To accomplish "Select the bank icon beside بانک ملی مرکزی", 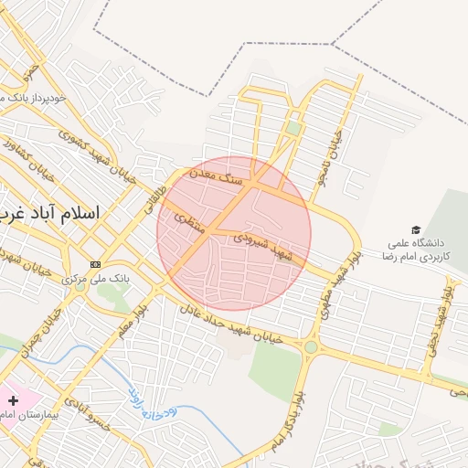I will point(95,265).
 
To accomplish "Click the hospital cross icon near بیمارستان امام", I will point(13,400).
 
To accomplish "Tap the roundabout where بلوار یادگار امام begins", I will point(312,347).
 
